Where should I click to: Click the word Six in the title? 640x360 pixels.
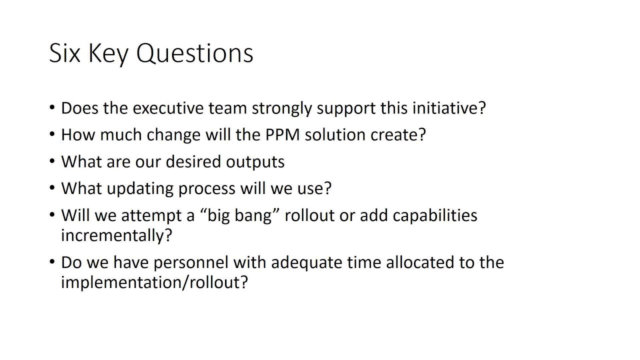(x=64, y=53)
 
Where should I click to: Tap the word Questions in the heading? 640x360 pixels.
(x=194, y=53)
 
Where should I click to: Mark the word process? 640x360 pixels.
(x=207, y=188)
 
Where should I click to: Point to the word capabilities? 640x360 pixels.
(x=435, y=215)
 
